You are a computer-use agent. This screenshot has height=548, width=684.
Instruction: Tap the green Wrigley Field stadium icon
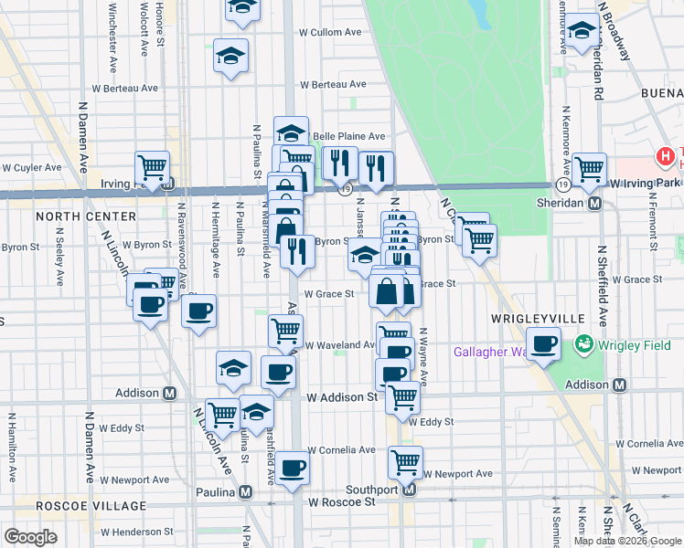pos(582,344)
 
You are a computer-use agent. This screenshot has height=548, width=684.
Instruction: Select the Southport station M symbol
pos(409,490)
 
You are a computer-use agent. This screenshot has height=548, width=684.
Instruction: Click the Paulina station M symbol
pos(246,491)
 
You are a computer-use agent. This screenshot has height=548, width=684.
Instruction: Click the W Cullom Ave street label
pos(330,32)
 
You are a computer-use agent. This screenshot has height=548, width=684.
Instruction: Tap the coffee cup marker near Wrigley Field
pos(544,344)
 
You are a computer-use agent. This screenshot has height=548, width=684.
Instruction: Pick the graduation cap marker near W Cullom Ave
pos(231,55)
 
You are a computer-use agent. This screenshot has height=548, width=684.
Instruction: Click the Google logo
pos(30,537)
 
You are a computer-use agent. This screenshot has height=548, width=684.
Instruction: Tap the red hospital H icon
pos(666,157)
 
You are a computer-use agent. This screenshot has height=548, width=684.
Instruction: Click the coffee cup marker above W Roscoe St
pos(293,468)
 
